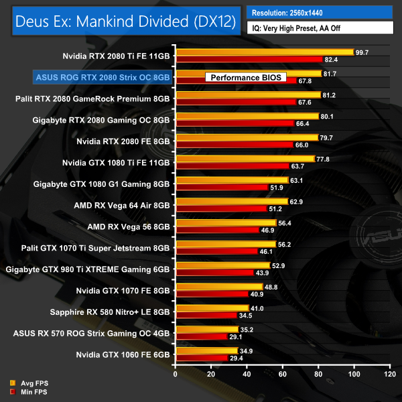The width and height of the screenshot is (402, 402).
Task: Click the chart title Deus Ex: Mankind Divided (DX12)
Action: [124, 21]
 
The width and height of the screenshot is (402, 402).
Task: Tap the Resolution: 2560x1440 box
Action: [320, 12]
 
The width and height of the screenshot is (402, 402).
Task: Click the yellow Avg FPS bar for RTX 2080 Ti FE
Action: [264, 52]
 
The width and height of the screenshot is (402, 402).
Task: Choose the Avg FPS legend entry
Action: [30, 383]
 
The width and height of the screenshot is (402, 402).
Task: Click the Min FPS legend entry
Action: [30, 392]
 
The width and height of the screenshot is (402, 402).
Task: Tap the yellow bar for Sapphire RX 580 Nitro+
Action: [212, 308]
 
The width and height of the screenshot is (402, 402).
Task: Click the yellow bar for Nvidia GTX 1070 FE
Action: [218, 287]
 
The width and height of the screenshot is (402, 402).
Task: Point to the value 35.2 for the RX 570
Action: [248, 329]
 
